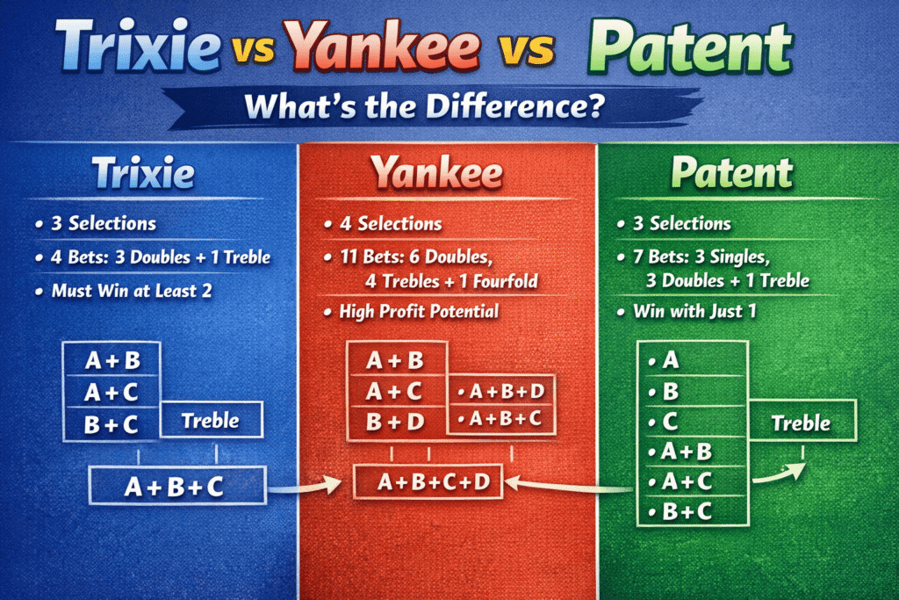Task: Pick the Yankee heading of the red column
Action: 436,172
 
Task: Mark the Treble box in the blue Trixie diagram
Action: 211,420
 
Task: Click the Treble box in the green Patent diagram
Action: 801,423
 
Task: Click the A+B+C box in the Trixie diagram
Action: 176,483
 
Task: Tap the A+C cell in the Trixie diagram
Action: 112,393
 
